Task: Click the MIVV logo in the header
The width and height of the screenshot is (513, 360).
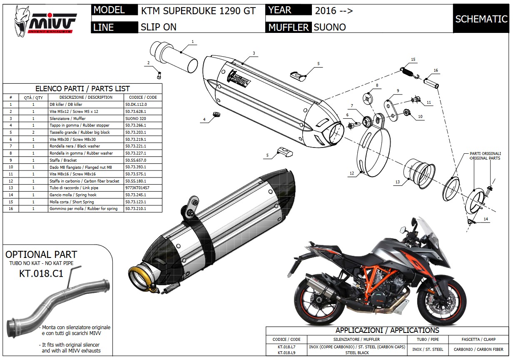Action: [x=45, y=21]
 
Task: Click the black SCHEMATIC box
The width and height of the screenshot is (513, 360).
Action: [x=481, y=19]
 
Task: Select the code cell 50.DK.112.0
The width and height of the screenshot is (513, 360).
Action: [x=143, y=105]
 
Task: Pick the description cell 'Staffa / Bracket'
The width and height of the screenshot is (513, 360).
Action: [x=86, y=160]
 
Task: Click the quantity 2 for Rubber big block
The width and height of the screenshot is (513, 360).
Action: [x=33, y=132]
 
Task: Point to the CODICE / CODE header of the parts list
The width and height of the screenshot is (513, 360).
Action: [x=143, y=97]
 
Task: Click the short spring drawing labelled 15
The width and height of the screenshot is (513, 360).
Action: [x=410, y=72]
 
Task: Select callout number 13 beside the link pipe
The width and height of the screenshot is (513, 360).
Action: [x=397, y=182]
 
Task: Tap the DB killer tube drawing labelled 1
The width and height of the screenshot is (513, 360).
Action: [x=174, y=57]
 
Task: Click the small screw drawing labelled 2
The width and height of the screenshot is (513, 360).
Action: [x=159, y=75]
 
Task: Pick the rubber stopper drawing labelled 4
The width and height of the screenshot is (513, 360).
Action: [x=217, y=114]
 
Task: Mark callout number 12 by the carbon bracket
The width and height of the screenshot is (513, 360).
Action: [x=352, y=173]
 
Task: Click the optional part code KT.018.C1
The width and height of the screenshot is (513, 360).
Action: [x=41, y=273]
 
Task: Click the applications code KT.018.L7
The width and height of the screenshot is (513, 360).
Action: [x=286, y=347]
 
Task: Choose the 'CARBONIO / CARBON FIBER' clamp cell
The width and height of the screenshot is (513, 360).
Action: [x=478, y=350]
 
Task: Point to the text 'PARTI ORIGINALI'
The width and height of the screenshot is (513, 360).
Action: [x=485, y=153]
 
